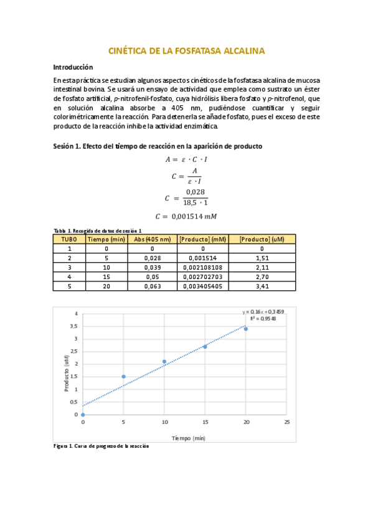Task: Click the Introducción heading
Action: (73, 67)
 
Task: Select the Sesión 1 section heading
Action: (158, 146)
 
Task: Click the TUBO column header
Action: (69, 238)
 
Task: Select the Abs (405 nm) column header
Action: (152, 238)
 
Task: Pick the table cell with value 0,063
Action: (152, 286)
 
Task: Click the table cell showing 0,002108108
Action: (202, 267)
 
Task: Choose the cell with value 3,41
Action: (262, 286)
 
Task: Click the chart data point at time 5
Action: (123, 376)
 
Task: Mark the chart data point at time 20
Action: (246, 329)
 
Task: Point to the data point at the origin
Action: (83, 415)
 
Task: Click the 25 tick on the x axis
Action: (286, 423)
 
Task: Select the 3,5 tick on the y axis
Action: (73, 326)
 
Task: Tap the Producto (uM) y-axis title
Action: (66, 374)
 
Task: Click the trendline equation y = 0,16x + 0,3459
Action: (263, 311)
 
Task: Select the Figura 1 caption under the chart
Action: (101, 446)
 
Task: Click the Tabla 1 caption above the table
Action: (98, 230)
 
